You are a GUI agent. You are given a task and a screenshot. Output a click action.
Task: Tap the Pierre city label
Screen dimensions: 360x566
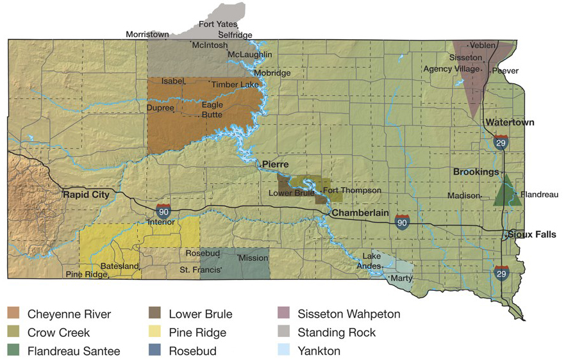275,165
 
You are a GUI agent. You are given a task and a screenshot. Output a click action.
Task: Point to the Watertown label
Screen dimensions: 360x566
510,122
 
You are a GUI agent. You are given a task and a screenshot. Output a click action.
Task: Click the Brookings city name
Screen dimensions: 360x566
476,172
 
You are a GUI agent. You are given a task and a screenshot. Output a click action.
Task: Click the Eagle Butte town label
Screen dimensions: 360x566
212,110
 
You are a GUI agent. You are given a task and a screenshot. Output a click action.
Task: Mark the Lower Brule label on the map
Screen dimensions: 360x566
290,193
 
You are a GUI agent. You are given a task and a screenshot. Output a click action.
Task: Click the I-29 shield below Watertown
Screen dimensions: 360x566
501,142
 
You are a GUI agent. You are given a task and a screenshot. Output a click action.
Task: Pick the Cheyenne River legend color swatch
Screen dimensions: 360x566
14,314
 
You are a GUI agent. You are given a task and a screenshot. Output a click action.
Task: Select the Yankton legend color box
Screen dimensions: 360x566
284,351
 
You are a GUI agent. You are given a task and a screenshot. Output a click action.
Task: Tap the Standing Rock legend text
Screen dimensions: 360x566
337,332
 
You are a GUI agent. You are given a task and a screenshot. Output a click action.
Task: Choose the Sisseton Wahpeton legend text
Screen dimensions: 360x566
349,314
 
